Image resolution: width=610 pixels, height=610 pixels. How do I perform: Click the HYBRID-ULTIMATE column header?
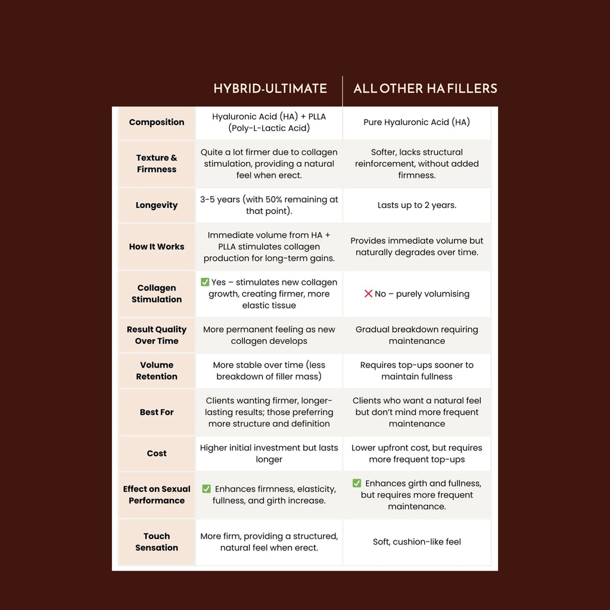tap(270, 89)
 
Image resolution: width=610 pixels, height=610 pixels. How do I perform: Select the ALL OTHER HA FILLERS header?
tap(425, 89)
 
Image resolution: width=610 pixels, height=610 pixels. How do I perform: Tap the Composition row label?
tap(157, 122)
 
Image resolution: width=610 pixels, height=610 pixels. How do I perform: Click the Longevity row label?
tap(157, 205)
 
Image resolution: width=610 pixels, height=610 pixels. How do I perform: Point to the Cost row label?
tap(157, 453)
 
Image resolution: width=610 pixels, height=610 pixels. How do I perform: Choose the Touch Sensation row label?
tap(157, 541)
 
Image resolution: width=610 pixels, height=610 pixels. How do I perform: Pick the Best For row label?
tap(157, 412)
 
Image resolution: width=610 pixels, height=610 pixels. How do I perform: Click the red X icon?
tap(368, 294)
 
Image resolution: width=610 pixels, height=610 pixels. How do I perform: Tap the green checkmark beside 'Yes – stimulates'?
tap(204, 282)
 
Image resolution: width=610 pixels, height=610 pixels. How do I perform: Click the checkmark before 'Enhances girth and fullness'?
tap(357, 483)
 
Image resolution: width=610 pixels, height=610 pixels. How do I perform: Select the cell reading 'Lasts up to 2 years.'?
tap(417, 205)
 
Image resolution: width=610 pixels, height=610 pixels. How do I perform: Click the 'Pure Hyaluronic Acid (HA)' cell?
tap(417, 122)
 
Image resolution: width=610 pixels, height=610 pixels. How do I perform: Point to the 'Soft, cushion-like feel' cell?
tap(417, 541)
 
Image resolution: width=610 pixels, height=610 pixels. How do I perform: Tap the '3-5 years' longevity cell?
tap(269, 205)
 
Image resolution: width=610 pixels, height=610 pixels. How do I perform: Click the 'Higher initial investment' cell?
tap(269, 453)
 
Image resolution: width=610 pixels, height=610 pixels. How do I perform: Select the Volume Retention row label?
tap(157, 371)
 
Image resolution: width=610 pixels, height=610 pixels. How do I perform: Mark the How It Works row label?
tap(157, 247)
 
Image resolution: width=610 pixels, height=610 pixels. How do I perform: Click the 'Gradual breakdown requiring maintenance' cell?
tap(417, 335)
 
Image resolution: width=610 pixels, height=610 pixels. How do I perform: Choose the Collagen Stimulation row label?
tap(157, 294)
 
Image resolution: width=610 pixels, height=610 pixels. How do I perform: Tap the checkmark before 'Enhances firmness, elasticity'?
tap(206, 489)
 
